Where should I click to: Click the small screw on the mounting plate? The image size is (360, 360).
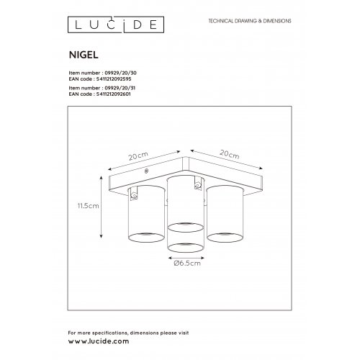tap(146, 171)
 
